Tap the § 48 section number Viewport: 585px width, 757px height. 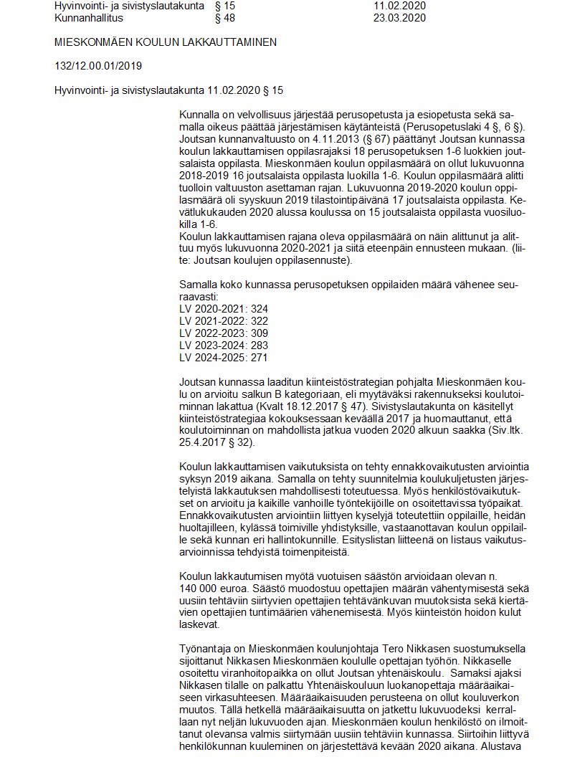(225, 18)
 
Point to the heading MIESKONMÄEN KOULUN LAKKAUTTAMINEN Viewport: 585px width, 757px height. (166, 42)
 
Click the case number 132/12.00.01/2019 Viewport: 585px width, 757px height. (98, 66)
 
